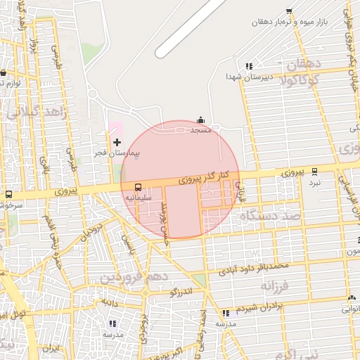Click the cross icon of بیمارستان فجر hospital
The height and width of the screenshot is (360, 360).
(117, 143)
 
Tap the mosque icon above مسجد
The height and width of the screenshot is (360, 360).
(201, 120)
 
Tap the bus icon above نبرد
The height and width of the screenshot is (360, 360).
(314, 171)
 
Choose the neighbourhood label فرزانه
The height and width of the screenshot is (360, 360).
(276, 287)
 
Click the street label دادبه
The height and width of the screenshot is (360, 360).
(108, 302)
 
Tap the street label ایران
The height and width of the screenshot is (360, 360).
(50, 348)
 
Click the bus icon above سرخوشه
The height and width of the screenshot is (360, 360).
(9, 194)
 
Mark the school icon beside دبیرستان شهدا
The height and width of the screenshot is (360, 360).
(249, 66)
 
